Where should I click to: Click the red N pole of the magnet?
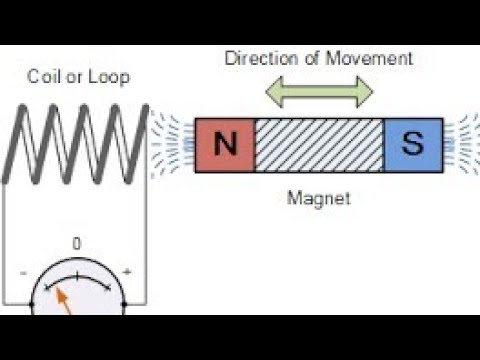(225, 145)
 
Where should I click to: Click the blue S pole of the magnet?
(412, 145)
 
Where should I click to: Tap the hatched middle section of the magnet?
(319, 145)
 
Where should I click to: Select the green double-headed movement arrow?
(319, 92)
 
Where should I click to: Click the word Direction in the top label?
(259, 59)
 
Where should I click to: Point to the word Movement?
(373, 59)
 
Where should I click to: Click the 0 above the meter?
(77, 243)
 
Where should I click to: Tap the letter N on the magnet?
(226, 146)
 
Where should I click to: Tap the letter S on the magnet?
(412, 146)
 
